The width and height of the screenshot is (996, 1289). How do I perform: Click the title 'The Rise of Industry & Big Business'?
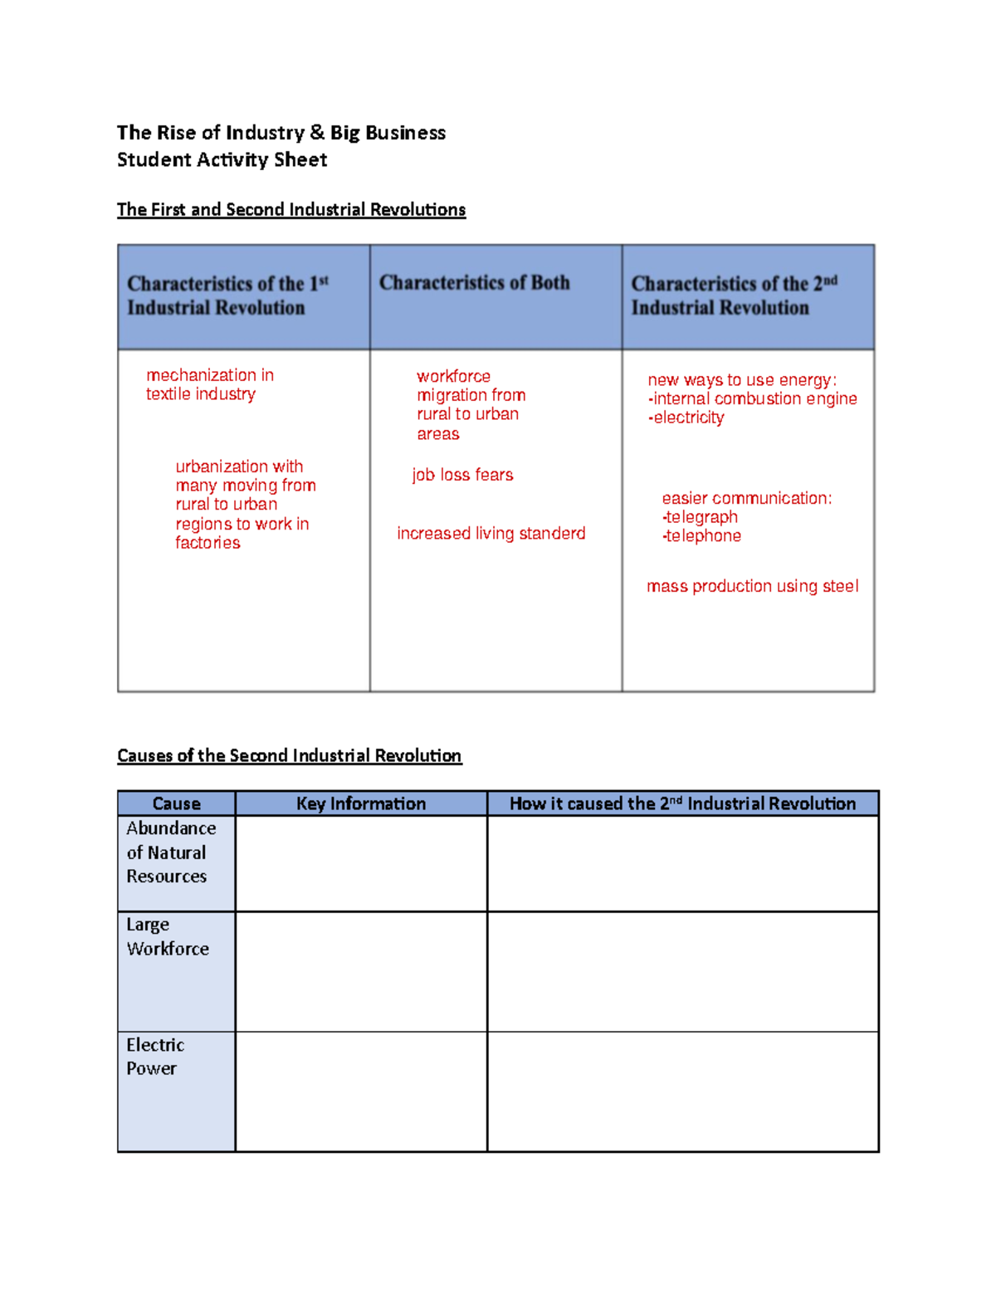[281, 133]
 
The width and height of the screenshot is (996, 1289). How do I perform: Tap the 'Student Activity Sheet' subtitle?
[222, 159]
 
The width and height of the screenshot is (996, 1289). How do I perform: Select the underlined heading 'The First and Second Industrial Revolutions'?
[290, 209]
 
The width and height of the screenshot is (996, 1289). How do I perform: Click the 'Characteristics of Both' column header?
[474, 283]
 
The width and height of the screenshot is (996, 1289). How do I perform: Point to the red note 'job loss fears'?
[462, 475]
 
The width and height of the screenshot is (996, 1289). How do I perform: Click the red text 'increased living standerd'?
[491, 533]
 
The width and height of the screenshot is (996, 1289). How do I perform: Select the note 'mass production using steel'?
[752, 586]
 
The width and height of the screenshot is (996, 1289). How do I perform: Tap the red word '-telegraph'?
[700, 517]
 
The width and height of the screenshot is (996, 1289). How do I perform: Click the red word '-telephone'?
[701, 536]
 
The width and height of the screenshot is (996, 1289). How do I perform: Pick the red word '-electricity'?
[686, 417]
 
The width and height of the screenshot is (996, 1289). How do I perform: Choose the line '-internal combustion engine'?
[752, 398]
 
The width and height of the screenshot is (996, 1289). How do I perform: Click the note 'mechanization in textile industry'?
[209, 384]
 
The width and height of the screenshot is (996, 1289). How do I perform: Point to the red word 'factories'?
[207, 543]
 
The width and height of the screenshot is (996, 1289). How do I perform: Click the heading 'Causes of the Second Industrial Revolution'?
[289, 755]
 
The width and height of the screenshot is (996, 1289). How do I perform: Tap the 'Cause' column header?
[176, 803]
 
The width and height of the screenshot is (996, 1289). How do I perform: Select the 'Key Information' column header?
[360, 803]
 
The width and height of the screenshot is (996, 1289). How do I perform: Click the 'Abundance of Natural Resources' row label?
[170, 852]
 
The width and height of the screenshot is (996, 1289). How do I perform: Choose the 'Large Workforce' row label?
[167, 936]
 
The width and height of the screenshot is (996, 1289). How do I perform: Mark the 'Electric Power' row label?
[154, 1057]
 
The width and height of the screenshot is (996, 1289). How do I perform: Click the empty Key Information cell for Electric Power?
[361, 1091]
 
